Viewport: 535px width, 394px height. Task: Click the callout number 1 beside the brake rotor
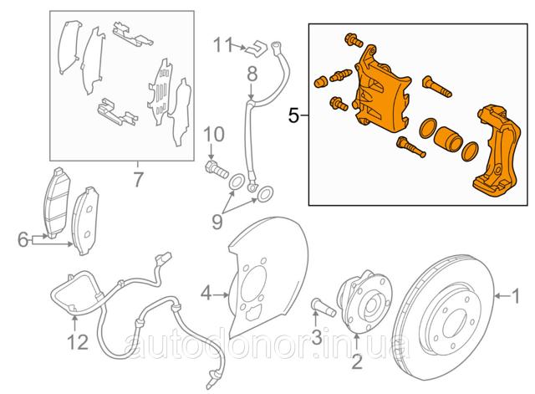(517, 295)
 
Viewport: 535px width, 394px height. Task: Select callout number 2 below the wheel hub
(357, 362)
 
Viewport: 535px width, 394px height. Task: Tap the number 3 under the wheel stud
(317, 336)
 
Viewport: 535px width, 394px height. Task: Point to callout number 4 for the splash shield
(206, 294)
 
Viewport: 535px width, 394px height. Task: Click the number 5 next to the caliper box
(293, 115)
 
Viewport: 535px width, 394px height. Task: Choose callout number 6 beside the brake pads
(23, 240)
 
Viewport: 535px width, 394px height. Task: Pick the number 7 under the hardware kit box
(138, 180)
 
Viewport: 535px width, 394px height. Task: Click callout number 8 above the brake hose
(252, 74)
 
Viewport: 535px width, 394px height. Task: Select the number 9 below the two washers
(217, 222)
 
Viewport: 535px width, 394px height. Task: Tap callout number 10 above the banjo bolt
(214, 134)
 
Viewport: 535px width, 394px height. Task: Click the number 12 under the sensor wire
(78, 342)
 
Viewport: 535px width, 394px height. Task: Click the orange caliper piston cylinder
(448, 138)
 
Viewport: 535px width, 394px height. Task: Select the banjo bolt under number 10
(217, 169)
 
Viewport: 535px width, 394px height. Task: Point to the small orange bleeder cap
(320, 82)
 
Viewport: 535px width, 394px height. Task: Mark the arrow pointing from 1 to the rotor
(503, 296)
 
